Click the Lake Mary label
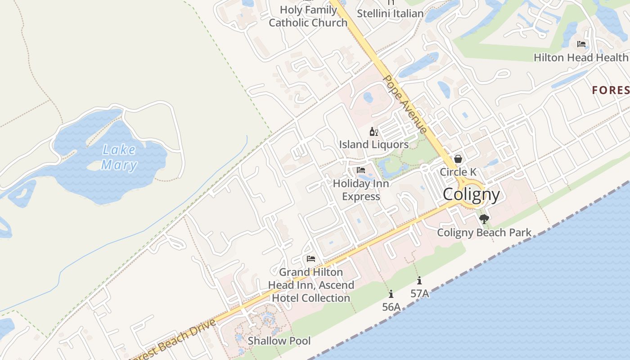(x=119, y=157)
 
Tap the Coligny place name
(x=471, y=195)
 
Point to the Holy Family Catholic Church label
(x=308, y=16)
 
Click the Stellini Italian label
(x=390, y=13)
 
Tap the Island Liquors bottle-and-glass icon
(x=373, y=132)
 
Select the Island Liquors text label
(x=373, y=144)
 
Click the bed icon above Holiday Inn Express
(x=361, y=170)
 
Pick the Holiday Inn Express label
(x=361, y=190)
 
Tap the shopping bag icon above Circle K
(x=458, y=159)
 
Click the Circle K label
(x=458, y=172)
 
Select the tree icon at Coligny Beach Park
(x=484, y=219)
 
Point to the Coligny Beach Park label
(x=484, y=233)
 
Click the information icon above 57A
(x=419, y=281)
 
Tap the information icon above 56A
(x=391, y=294)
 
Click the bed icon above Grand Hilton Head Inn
(x=310, y=259)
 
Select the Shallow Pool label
(x=279, y=341)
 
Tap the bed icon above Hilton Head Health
(x=581, y=44)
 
